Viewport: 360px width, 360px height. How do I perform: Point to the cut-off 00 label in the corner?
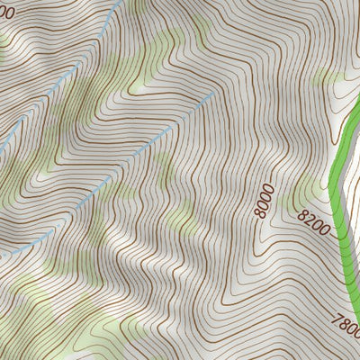(x=5, y=13)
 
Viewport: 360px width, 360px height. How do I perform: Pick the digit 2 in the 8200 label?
(x=309, y=216)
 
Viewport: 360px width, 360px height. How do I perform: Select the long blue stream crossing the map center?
(x=117, y=171)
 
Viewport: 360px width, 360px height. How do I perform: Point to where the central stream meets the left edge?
(x=2, y=255)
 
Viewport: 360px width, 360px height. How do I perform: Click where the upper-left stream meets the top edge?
(x=120, y=2)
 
